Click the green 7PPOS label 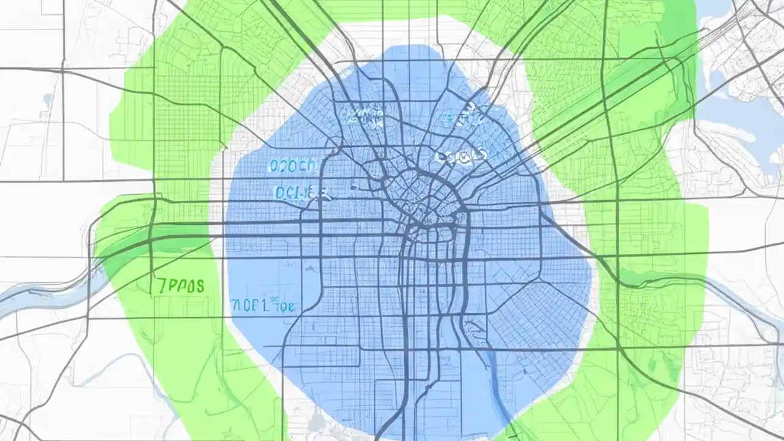(x=181, y=286)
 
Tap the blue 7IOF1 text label (x=263, y=305)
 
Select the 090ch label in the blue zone (x=292, y=165)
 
